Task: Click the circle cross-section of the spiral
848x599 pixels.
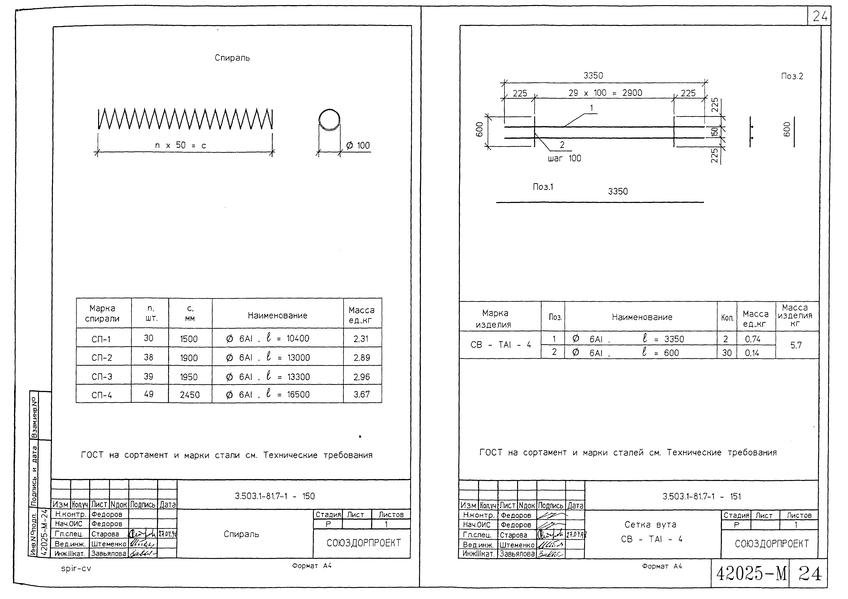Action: [x=329, y=120]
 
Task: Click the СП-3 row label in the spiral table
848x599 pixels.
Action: [x=102, y=377]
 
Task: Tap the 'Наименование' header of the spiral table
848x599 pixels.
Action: [x=277, y=315]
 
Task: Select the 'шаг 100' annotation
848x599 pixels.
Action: [x=564, y=158]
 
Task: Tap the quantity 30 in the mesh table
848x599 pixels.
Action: [x=726, y=353]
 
